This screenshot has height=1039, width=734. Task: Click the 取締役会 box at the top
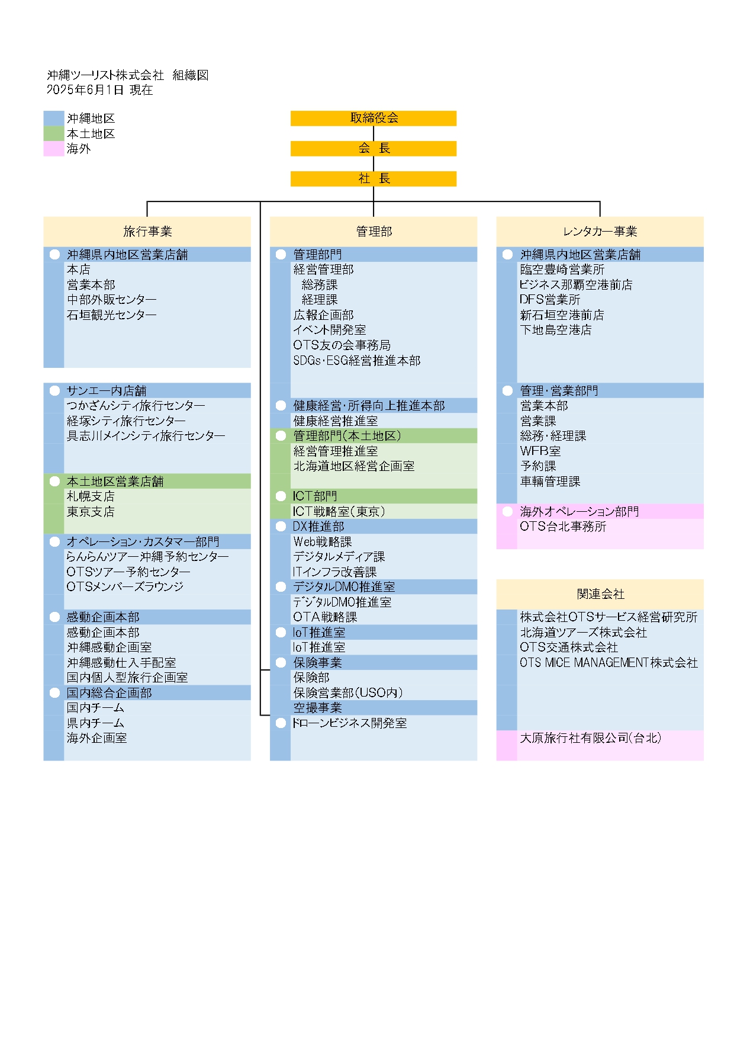[373, 118]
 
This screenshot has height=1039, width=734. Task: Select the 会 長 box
[373, 148]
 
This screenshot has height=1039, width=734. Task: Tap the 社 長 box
[373, 178]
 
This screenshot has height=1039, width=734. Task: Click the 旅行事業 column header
[147, 232]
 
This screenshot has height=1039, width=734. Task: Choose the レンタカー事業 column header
[600, 232]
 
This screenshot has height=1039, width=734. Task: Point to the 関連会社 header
[600, 594]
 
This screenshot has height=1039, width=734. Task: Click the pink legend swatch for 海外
[54, 149]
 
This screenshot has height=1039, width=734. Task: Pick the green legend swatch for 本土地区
[54, 134]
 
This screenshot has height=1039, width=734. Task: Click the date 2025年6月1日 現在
[99, 89]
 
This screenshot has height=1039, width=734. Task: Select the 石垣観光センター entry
[111, 315]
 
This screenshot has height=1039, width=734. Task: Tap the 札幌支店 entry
[91, 496]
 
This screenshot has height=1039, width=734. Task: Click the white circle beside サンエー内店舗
[54, 390]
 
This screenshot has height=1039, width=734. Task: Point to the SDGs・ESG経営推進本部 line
[357, 360]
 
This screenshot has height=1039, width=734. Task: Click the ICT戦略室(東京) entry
[339, 512]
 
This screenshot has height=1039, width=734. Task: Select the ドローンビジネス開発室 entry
[349, 723]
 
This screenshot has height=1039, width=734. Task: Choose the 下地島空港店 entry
[556, 330]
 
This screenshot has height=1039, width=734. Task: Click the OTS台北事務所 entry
[563, 527]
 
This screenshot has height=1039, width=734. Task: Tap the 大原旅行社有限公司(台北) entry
[591, 738]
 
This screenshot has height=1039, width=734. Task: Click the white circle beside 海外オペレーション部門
[507, 511]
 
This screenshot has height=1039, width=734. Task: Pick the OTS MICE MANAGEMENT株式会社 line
[609, 663]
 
